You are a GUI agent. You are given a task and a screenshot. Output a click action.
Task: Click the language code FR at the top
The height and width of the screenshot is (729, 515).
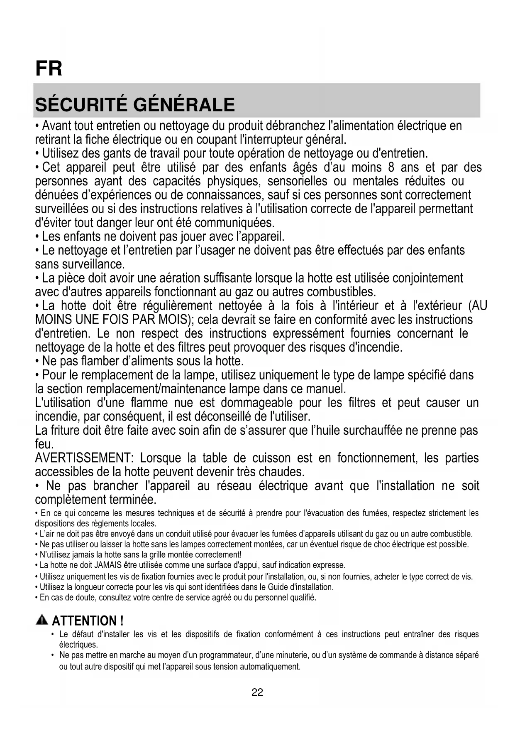[49, 69]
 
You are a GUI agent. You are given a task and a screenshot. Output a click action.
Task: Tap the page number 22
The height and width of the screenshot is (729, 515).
[257, 692]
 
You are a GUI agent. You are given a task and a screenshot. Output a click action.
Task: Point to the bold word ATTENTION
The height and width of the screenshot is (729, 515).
[85, 621]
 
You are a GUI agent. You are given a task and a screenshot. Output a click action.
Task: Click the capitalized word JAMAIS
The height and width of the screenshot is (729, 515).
[108, 565]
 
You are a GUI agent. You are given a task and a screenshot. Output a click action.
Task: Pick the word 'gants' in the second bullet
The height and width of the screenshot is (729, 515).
[117, 154]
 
